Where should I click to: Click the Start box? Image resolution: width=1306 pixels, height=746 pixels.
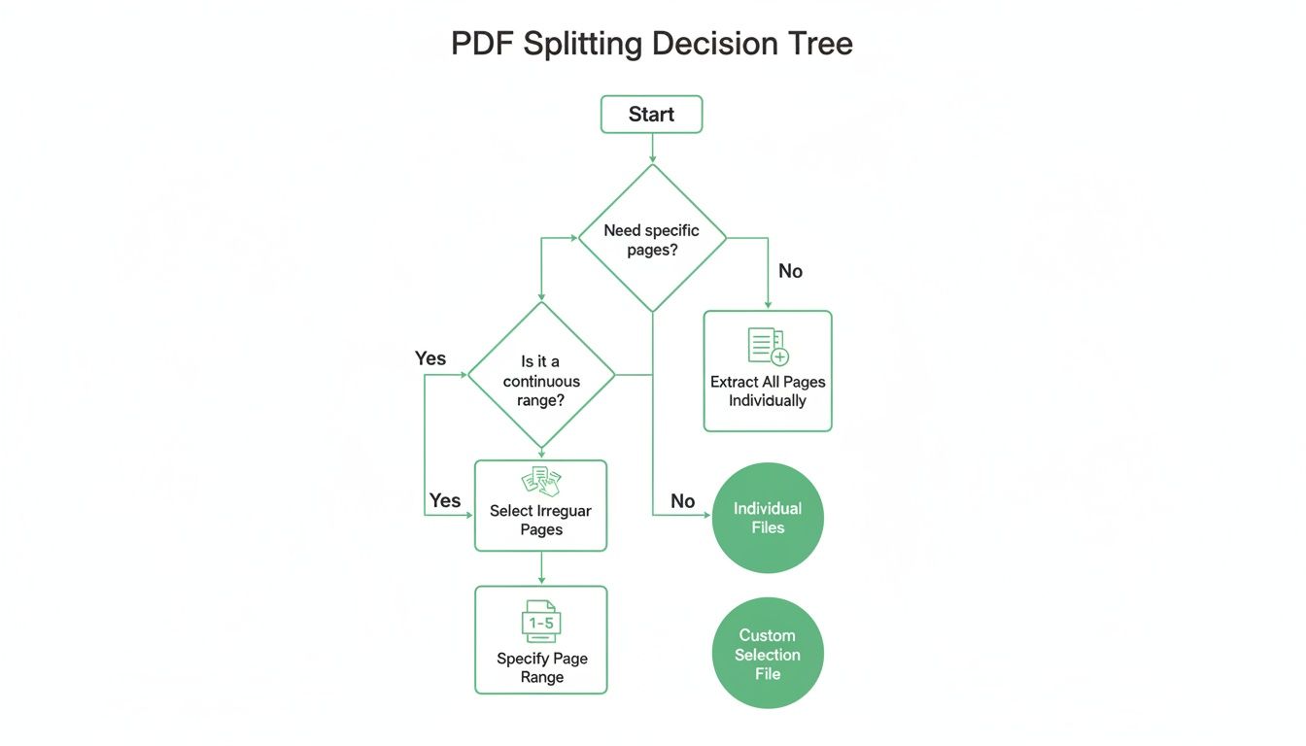point(651,114)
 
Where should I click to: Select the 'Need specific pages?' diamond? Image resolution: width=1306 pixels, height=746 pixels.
point(651,238)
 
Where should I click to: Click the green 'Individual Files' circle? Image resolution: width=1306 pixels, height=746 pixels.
point(768,518)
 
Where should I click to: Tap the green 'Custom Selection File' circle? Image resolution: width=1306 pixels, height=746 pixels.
point(768,654)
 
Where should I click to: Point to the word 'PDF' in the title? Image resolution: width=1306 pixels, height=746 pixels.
point(483,44)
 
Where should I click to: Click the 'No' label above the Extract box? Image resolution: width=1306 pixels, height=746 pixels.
point(790,271)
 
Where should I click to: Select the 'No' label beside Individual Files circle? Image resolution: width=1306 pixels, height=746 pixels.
point(682,501)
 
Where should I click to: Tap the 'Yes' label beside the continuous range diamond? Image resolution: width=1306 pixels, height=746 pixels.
point(430,358)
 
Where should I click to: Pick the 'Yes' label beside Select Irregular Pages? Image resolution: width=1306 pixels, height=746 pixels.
point(445,500)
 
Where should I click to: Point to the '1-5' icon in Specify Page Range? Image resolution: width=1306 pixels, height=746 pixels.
point(541,622)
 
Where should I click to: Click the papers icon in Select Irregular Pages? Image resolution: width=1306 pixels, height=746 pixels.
point(541,480)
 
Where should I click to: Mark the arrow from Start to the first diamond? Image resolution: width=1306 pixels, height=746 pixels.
point(652,148)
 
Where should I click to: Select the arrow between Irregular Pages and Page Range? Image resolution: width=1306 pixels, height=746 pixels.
point(541,568)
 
